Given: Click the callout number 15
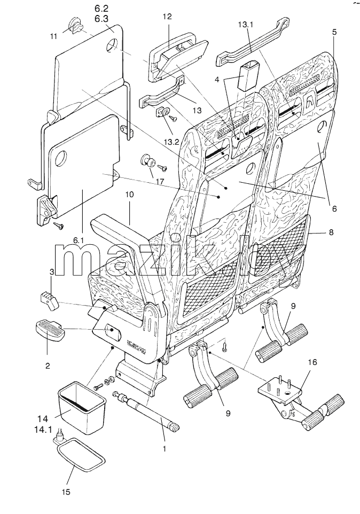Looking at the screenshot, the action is [66, 492].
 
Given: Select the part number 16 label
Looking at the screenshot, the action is [312, 362].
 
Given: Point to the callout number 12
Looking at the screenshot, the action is [167, 17].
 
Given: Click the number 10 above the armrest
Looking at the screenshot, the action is [129, 194].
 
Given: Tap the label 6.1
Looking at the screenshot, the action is [79, 240].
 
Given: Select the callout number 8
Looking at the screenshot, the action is [331, 232].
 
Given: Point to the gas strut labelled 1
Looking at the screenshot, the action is [147, 409].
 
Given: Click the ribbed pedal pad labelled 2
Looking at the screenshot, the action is [50, 331].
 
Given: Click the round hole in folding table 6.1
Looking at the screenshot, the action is [61, 159].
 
